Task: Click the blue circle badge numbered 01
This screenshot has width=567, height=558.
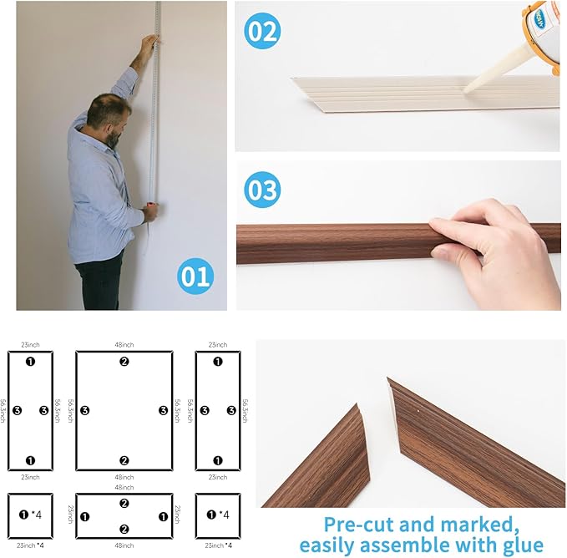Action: tap(195, 276)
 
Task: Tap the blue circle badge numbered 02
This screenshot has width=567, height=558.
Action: tap(262, 31)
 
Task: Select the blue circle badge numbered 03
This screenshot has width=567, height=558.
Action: tap(262, 190)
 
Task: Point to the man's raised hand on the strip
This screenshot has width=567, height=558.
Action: tap(148, 43)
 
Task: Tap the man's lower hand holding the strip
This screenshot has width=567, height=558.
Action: tap(149, 213)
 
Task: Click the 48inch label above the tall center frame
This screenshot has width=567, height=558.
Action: tap(124, 344)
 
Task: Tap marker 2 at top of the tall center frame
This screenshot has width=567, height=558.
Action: tap(124, 362)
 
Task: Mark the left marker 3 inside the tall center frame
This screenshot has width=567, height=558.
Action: tap(84, 410)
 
